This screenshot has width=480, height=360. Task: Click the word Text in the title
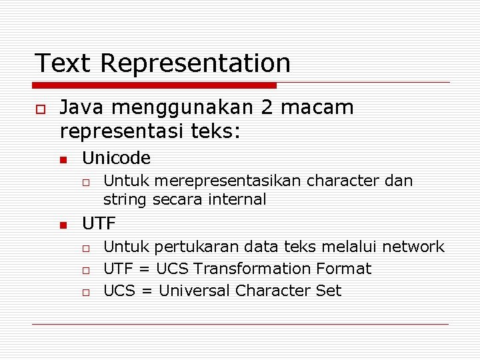coord(63,63)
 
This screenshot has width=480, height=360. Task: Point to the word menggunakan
coord(188,109)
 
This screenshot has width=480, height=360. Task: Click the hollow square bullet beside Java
coord(40,109)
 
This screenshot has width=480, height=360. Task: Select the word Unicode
coord(116,158)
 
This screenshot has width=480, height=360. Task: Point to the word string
coord(125,199)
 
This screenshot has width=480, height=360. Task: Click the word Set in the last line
coord(329,291)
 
